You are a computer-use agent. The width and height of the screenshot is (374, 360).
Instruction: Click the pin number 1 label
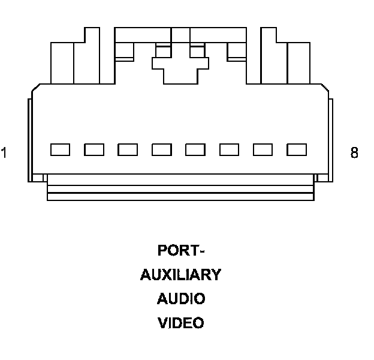4,153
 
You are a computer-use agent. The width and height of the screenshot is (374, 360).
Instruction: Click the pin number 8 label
354,153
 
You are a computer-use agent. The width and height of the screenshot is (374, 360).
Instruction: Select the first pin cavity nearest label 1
60,149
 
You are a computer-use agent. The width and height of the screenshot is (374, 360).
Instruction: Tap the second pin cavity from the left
94,149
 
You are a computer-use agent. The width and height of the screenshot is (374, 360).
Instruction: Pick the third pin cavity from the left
128,149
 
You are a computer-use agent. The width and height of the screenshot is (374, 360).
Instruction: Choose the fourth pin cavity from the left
162,149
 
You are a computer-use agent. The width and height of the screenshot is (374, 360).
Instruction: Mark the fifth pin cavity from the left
195,149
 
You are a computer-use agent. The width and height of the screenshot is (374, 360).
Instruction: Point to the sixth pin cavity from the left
230,149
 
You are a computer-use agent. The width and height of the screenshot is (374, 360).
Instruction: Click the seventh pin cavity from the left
263,149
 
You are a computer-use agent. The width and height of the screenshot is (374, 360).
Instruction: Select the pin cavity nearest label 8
297,149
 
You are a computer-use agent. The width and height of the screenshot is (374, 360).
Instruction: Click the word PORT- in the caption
181,250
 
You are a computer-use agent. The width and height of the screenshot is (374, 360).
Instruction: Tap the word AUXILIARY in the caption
181,275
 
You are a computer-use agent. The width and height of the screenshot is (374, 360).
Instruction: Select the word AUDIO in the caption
181,299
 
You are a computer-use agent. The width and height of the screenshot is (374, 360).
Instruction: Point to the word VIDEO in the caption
181,323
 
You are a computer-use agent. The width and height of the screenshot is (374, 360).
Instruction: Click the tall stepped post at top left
92,57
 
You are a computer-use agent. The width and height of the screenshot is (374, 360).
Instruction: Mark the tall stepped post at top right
269,57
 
